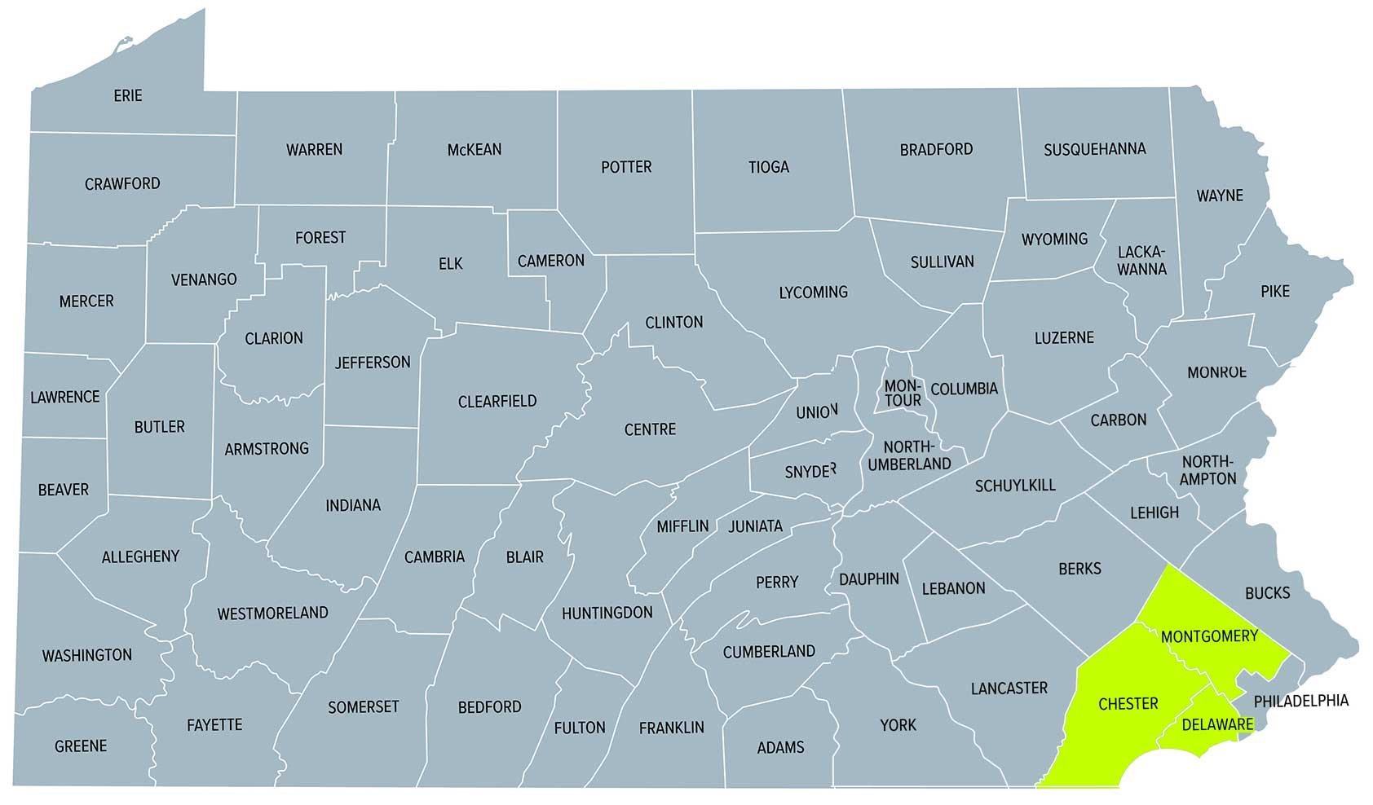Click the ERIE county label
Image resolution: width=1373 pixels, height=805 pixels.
pyautogui.click(x=128, y=96)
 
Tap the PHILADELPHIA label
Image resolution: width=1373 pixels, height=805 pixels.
pyautogui.click(x=1300, y=701)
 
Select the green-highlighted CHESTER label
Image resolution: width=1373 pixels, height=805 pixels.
pyautogui.click(x=1128, y=704)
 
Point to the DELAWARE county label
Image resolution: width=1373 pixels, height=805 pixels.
pyautogui.click(x=1217, y=724)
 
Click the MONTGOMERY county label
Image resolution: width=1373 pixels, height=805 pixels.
pyautogui.click(x=1209, y=636)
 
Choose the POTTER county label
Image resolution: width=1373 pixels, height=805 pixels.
pyautogui.click(x=626, y=167)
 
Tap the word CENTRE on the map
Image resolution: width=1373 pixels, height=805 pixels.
pyautogui.click(x=650, y=429)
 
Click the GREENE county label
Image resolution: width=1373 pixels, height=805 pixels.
pyautogui.click(x=81, y=746)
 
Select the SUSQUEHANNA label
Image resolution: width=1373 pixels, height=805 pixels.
pyautogui.click(x=1095, y=149)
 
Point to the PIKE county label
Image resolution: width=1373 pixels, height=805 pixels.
pyautogui.click(x=1275, y=291)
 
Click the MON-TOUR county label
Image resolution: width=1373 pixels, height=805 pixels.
pyautogui.click(x=903, y=393)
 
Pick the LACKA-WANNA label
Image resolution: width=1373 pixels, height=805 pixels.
pyautogui.click(x=1141, y=260)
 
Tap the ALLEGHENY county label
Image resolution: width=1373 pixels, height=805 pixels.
pyautogui.click(x=140, y=557)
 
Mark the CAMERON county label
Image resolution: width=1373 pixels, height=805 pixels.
pyautogui.click(x=551, y=261)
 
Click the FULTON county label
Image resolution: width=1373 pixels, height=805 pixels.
pyautogui.click(x=579, y=728)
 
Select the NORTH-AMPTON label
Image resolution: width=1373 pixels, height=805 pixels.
pyautogui.click(x=1208, y=470)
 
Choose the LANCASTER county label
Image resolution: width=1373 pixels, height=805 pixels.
pyautogui.click(x=1009, y=688)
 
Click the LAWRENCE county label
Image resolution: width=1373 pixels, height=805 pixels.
pyautogui.click(x=64, y=398)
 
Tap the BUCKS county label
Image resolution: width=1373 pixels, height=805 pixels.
pyautogui.click(x=1267, y=593)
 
